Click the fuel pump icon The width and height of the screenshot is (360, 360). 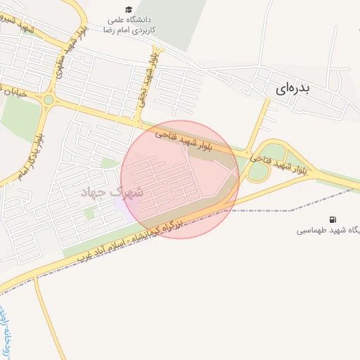pos(332,219)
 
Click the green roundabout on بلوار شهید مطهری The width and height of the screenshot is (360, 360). pos(48,100)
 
